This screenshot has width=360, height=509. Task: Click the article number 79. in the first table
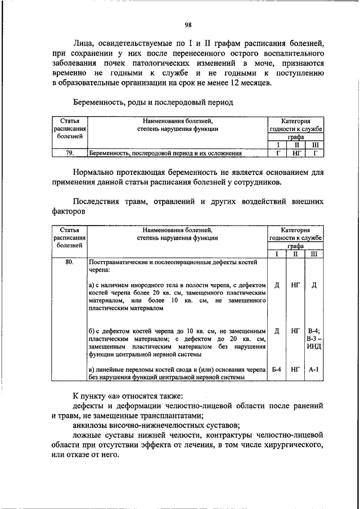(70, 152)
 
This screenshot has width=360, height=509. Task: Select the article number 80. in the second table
(70, 262)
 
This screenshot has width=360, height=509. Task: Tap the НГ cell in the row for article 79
(295, 152)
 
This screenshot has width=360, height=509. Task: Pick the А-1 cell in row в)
(314, 370)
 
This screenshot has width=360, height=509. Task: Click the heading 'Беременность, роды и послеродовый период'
(152, 103)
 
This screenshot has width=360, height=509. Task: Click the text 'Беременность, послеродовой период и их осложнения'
(165, 152)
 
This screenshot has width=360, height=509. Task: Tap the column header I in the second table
(277, 254)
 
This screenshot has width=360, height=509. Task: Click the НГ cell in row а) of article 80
(295, 285)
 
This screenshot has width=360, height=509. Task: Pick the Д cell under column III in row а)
(314, 285)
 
